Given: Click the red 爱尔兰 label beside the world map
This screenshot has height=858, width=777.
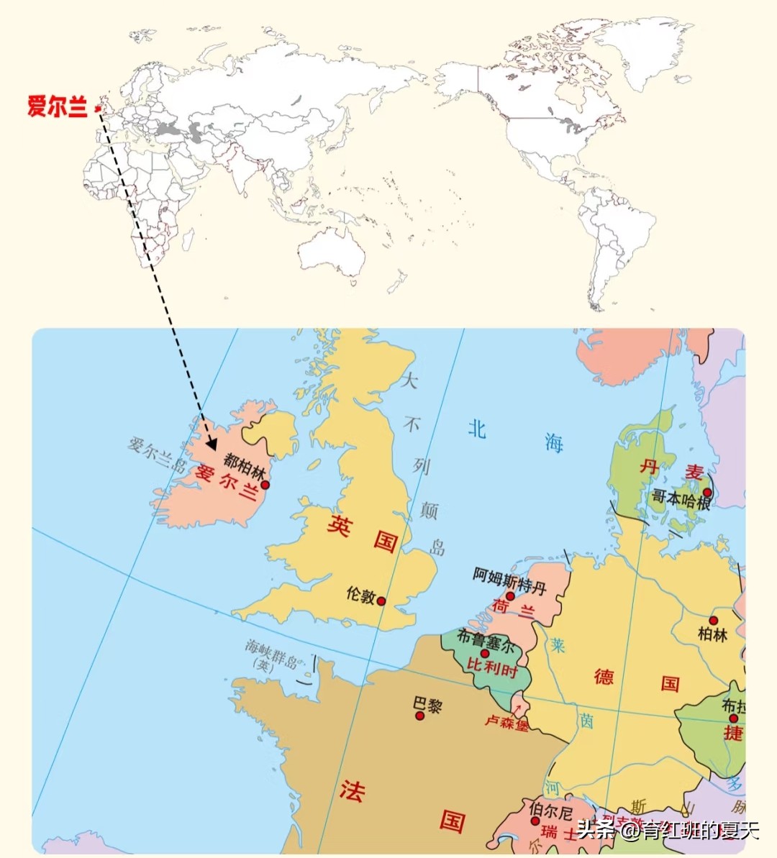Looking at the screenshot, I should tap(57, 106).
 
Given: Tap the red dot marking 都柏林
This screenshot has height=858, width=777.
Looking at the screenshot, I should tap(265, 485).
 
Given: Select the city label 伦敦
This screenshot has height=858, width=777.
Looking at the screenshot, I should tap(360, 594).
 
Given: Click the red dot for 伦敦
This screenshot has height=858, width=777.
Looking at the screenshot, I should tap(381, 601).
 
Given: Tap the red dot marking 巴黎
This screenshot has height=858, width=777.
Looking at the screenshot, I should tap(420, 716).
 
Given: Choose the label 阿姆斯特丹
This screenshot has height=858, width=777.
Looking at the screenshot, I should tap(509, 580).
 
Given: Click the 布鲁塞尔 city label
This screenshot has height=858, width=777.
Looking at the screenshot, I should tap(486, 640).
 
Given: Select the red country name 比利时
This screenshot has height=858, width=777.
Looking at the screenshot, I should tap(491, 667).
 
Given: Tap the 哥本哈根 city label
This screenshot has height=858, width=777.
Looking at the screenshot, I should tap(681, 498).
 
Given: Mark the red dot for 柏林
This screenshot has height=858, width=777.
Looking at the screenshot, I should tap(713, 620).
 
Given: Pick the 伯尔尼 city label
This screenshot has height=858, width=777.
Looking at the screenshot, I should tap(550, 812).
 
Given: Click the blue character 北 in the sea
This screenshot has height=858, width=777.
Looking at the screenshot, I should tap(477, 429).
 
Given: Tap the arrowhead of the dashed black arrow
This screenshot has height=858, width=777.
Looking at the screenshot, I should tap(211, 443).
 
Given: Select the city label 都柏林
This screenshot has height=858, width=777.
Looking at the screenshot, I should tap(244, 465).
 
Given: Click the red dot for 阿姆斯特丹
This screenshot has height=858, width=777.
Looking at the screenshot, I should tap(510, 595).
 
